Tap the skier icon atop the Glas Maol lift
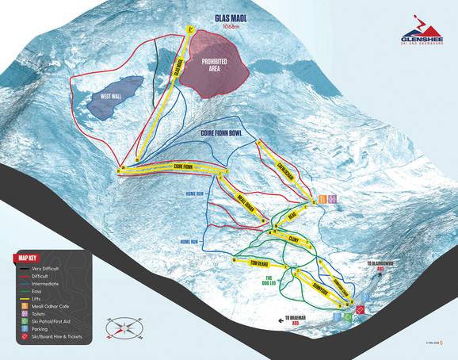190,29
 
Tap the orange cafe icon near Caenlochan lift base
323,198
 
